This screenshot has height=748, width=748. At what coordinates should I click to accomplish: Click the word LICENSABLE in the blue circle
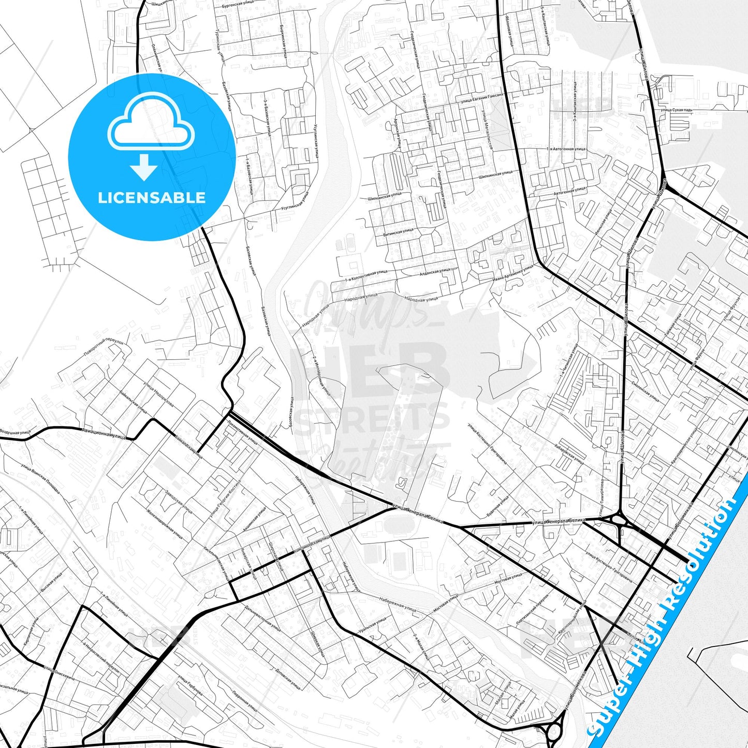coord(152,198)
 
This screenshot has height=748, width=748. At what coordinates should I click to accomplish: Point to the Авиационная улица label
coord(104,433)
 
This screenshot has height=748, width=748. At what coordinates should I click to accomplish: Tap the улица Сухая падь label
coord(676,110)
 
